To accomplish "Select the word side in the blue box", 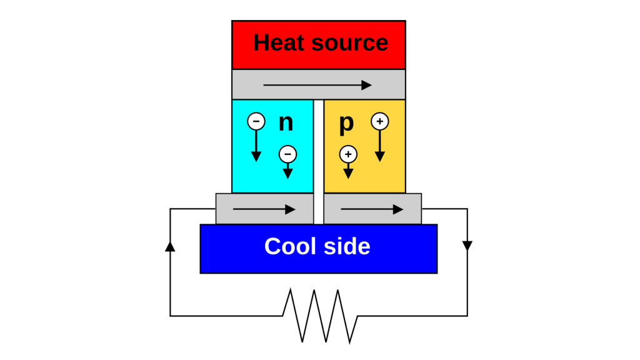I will (x=347, y=246).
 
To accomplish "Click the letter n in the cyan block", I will (x=286, y=123).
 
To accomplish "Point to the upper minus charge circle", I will (x=256, y=121).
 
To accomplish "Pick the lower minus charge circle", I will (x=287, y=154).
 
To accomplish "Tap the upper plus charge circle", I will (x=380, y=121).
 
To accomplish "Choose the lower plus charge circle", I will (x=348, y=154).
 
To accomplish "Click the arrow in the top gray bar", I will (x=317, y=85).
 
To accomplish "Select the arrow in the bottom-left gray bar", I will (x=264, y=209).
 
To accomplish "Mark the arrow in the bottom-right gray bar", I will (x=372, y=209).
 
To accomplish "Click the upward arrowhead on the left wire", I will (x=170, y=246).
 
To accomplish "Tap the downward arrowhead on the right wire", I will (x=467, y=246).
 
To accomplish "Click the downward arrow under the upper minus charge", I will (x=256, y=146).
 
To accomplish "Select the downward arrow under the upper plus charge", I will (x=380, y=146).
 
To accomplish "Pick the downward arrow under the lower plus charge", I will (x=348, y=171).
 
